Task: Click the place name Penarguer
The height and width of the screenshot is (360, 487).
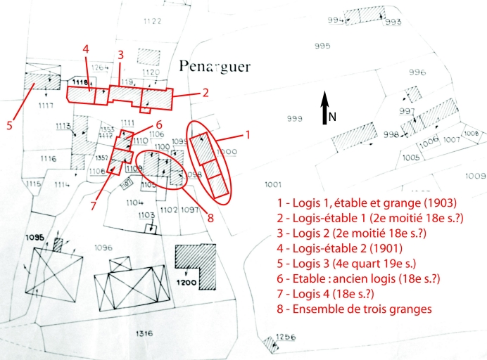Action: tap(215, 67)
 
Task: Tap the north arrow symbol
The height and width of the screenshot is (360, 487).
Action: tap(326, 109)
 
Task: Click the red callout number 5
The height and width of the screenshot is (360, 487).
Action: tap(10, 126)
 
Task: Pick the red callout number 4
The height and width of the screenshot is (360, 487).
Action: tap(85, 49)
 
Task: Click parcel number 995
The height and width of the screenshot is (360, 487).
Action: tap(323, 46)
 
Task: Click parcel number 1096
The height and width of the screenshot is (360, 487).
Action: tap(103, 247)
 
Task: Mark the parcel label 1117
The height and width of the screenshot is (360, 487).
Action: tap(46, 105)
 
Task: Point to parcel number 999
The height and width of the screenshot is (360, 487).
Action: tap(294, 117)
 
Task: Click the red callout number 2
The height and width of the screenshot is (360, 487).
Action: tap(205, 92)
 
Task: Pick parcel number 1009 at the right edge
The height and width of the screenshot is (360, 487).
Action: tap(476, 175)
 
